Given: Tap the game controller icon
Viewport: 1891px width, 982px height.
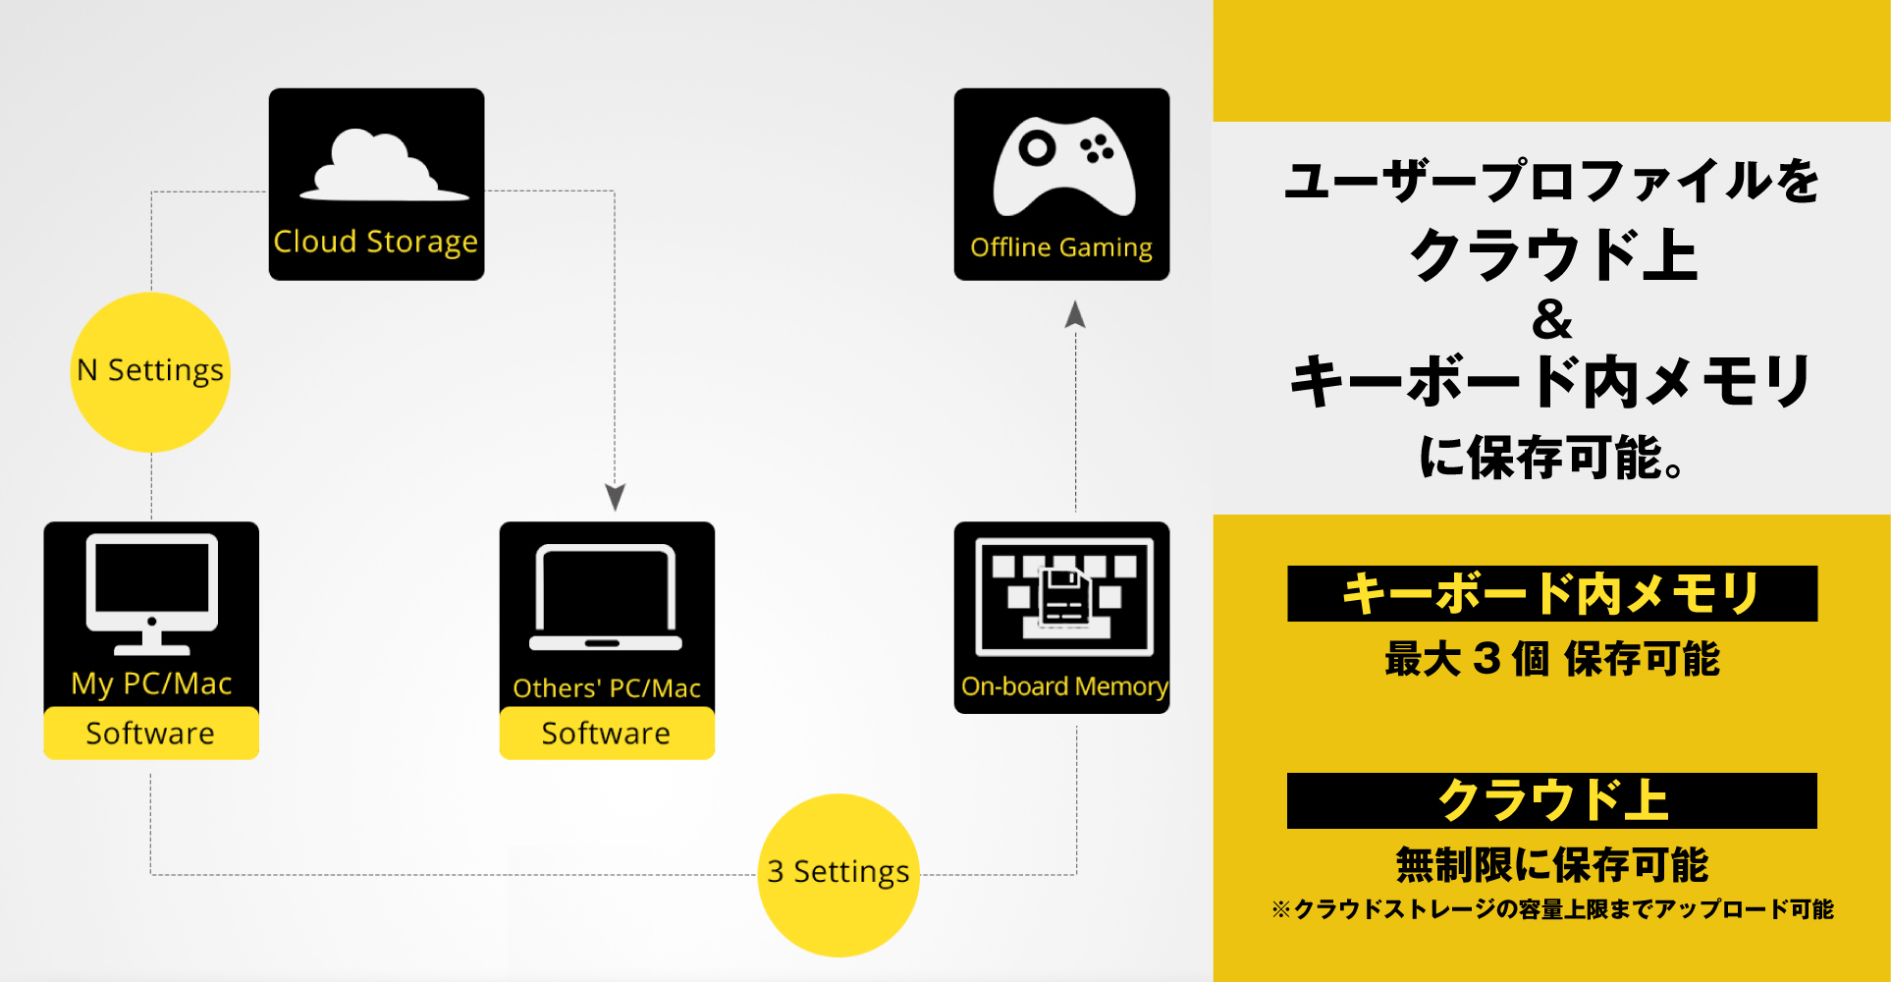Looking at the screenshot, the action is click(1063, 165).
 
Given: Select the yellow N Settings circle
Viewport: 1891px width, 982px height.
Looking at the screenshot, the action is click(150, 371).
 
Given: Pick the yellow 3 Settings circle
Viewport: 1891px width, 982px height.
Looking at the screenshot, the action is click(838, 874).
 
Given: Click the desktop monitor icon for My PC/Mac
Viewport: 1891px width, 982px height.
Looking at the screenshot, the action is click(152, 593).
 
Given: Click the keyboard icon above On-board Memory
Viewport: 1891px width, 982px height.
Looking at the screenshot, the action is click(1064, 596).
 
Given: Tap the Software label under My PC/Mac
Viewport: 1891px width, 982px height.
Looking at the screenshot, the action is click(151, 733).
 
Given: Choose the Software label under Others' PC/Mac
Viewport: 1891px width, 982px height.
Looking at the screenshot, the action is click(607, 733).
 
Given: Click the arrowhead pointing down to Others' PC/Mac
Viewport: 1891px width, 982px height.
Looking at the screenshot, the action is click(615, 497).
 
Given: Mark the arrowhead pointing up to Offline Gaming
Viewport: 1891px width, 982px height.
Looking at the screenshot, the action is click(1075, 314).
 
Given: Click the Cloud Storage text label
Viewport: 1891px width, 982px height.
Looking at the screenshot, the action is click(376, 242).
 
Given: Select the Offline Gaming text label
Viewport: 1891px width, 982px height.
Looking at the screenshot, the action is click(1061, 247).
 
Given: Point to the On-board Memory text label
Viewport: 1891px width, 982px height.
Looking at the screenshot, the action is click(1064, 686).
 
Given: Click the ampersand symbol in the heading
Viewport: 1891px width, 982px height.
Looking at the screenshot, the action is click(1551, 319).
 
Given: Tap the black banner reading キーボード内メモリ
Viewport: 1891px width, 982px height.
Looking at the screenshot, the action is click(1552, 593).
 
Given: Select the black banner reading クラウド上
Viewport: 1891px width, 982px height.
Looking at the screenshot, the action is click(1552, 800).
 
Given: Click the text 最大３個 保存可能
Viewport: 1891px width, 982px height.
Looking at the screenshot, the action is click(1552, 659).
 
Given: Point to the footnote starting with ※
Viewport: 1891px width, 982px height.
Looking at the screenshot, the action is click(1552, 909).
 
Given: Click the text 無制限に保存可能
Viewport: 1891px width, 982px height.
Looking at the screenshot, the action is click(1552, 865).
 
